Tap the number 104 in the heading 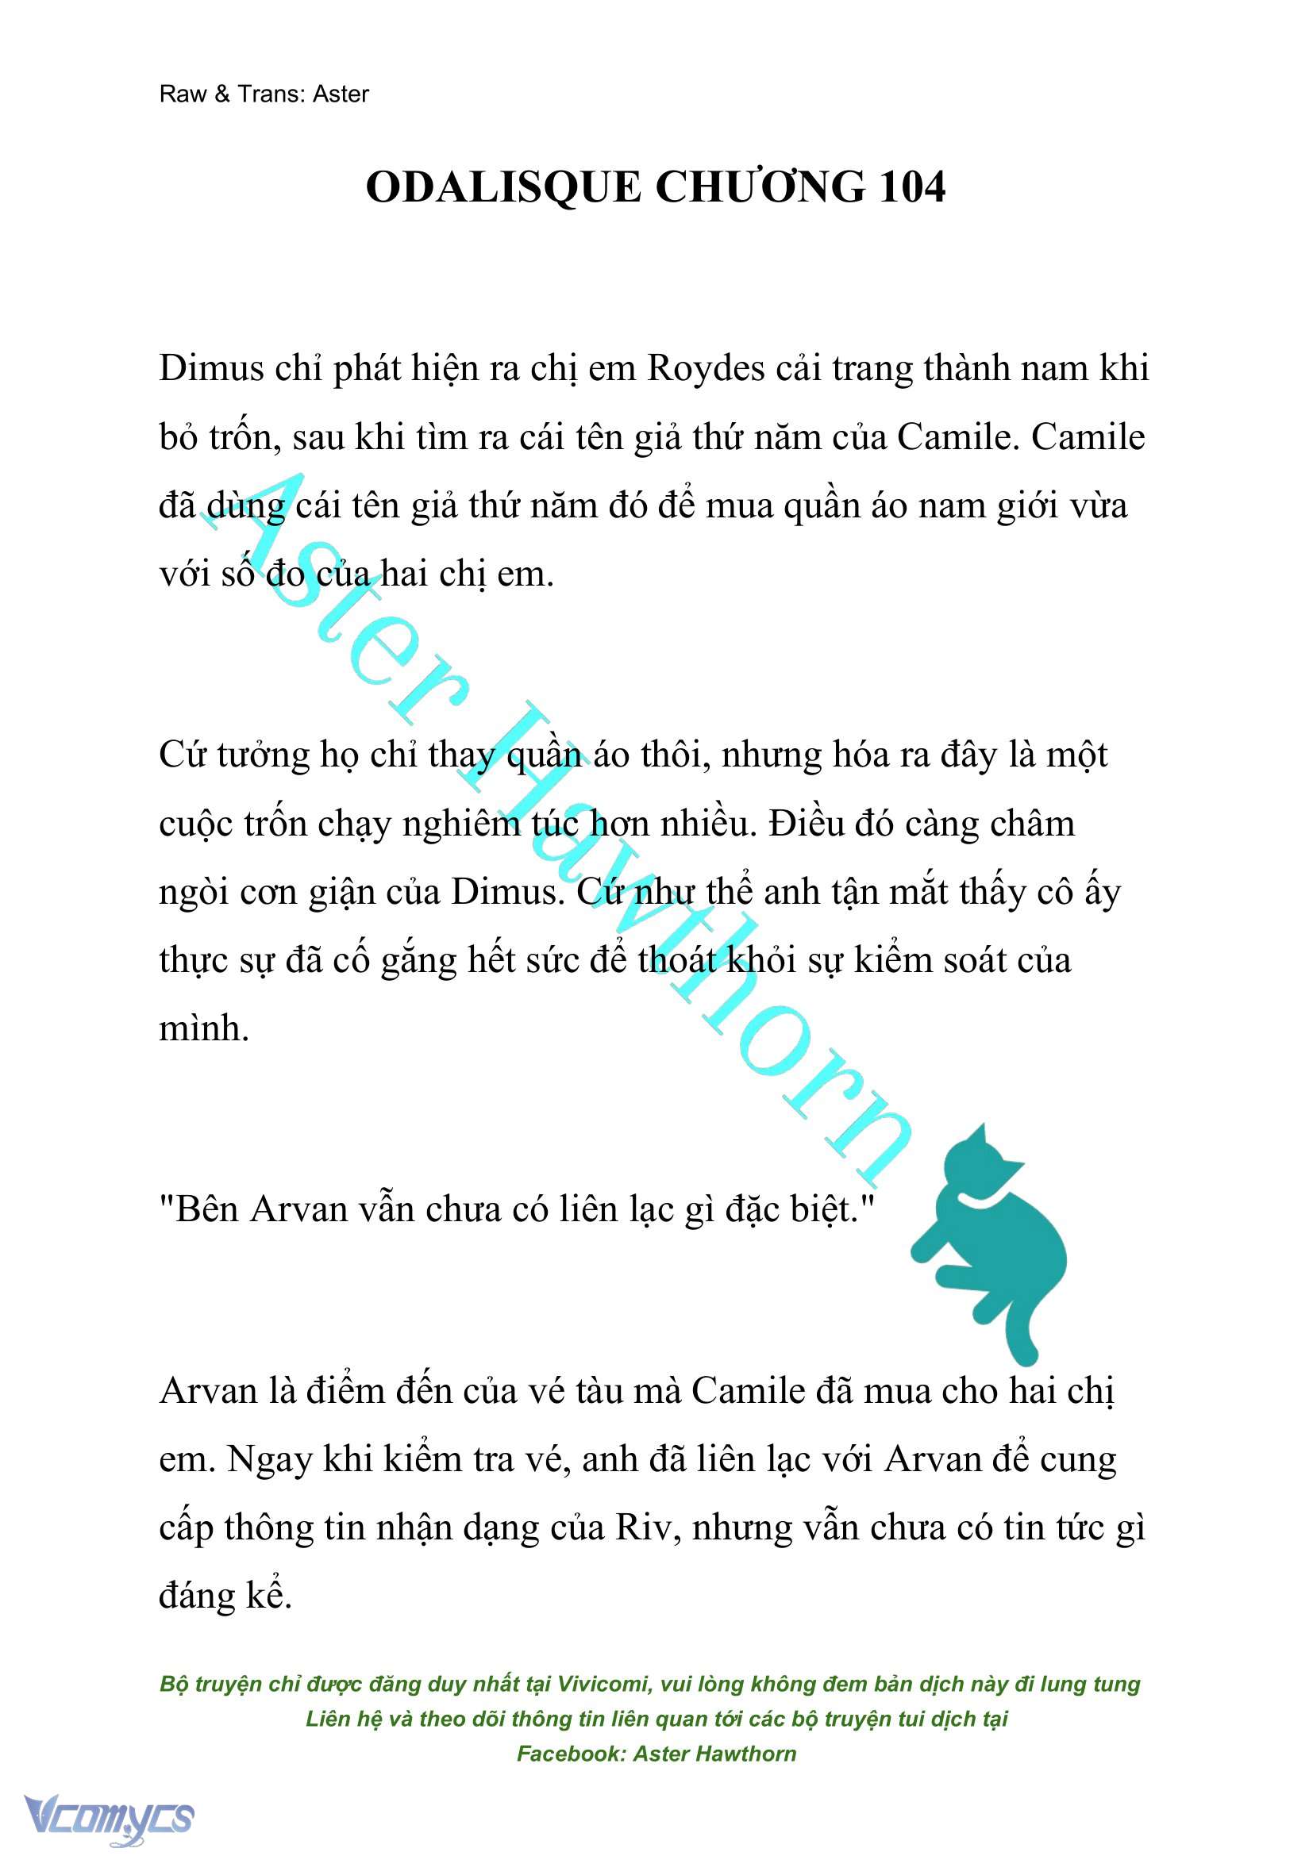(x=911, y=187)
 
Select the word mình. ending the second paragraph (x=204, y=1029)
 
